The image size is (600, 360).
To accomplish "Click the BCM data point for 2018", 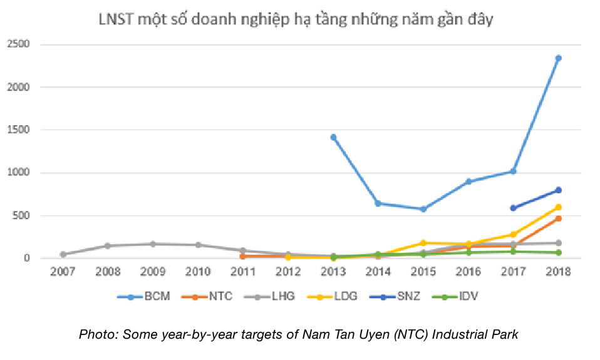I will [558, 58].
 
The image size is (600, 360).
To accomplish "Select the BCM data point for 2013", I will [333, 137].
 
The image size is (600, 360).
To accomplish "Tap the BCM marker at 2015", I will [423, 209].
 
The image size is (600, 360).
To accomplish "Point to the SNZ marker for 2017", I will [513, 208].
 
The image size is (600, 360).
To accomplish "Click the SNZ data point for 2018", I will [558, 190].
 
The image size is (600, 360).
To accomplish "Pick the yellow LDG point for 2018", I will [558, 207].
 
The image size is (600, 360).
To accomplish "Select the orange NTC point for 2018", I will [558, 219].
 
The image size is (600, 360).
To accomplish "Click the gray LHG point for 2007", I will [63, 254].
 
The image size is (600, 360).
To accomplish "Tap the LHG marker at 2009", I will [153, 244].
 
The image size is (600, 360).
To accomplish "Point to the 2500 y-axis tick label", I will [18, 44].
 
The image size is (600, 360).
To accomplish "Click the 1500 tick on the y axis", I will [18, 130].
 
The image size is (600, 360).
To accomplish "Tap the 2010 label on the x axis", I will [198, 271].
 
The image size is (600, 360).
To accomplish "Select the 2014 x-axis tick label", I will [378, 271].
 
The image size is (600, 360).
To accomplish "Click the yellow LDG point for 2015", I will [423, 243].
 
